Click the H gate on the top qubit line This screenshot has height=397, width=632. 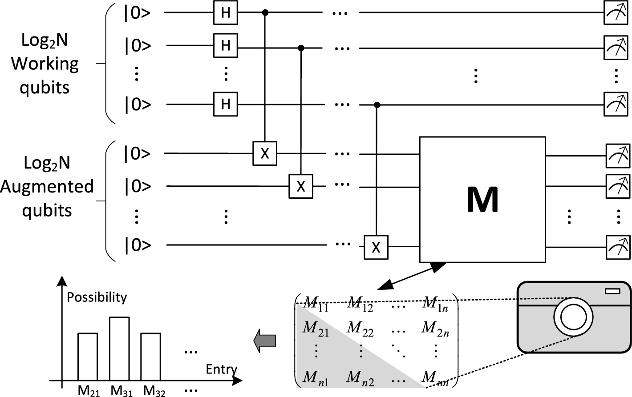(226, 12)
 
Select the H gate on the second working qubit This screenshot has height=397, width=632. (226, 45)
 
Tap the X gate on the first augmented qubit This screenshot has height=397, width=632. (265, 153)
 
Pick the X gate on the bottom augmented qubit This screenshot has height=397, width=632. (376, 247)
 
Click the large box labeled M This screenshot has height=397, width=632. (482, 200)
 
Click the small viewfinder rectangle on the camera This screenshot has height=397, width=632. (612, 291)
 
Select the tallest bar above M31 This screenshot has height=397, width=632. (119, 349)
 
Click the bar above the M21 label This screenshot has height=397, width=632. (88, 357)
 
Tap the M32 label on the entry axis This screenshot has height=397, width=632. (154, 391)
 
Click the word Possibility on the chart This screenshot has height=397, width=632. (97, 297)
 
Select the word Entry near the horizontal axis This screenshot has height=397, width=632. (221, 369)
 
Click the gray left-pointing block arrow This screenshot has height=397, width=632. (265, 341)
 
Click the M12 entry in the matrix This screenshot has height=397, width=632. (361, 304)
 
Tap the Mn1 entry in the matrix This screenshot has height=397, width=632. (316, 378)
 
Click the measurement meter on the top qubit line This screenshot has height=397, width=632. (616, 12)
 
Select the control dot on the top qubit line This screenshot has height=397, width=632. (266, 12)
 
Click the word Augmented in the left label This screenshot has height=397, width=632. (47, 186)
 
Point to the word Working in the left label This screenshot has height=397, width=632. (45, 64)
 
